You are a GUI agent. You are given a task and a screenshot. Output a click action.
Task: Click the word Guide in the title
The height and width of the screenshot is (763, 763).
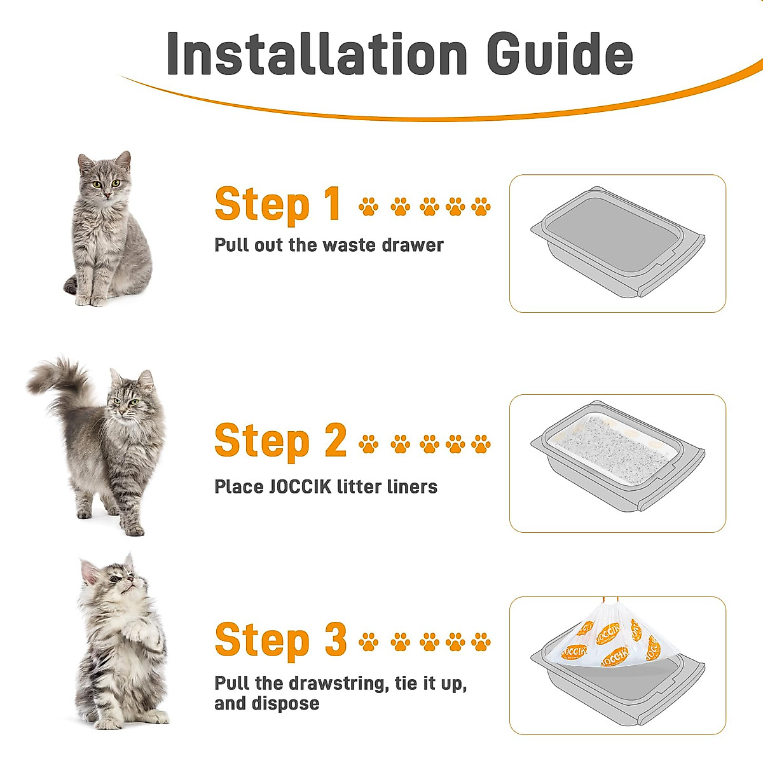[x=560, y=53]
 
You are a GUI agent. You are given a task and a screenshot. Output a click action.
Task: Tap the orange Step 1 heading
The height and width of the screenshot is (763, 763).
[x=278, y=205]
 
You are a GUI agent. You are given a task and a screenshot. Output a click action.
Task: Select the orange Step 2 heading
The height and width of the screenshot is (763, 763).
[x=280, y=441]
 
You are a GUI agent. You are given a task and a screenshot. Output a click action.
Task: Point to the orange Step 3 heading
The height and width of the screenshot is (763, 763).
[x=280, y=640]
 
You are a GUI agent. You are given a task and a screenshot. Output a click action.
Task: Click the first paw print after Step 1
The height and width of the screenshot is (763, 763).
[x=368, y=207]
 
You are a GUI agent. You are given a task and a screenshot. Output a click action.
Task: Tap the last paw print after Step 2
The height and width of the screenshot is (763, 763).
[x=481, y=444]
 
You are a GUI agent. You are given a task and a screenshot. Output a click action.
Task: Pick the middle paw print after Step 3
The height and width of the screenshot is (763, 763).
[x=429, y=642]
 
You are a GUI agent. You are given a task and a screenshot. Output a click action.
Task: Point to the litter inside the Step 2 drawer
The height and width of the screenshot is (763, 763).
[x=610, y=448]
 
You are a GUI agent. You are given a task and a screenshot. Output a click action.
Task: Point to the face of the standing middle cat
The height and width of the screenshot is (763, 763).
[x=127, y=401]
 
